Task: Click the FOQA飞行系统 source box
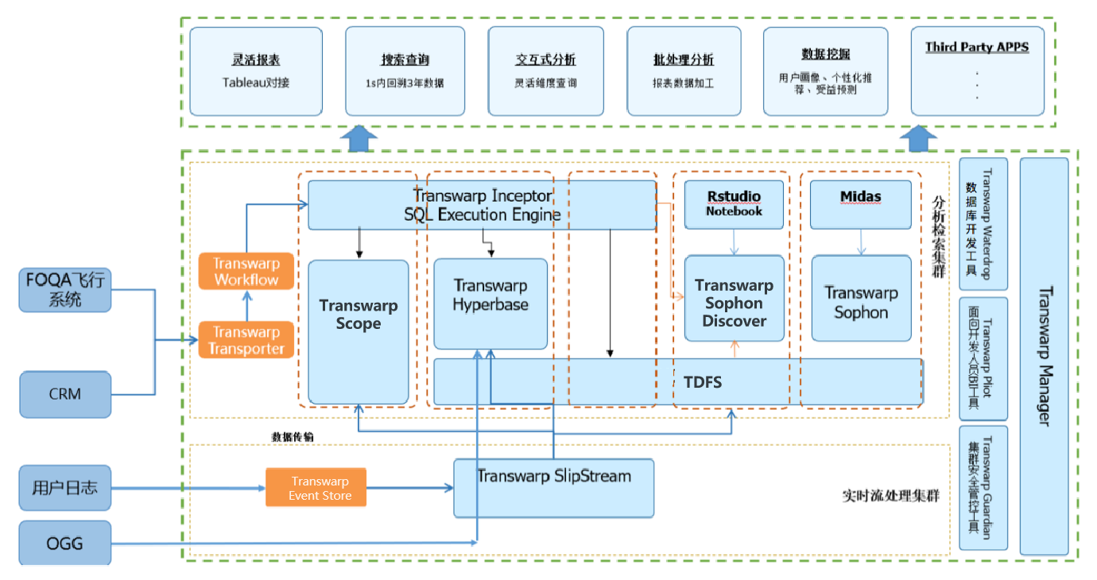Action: (65, 290)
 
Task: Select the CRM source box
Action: (65, 394)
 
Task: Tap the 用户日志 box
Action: (65, 487)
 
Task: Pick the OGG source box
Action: (65, 543)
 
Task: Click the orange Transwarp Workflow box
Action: (246, 271)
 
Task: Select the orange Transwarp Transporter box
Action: (246, 340)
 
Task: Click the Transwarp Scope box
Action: (359, 315)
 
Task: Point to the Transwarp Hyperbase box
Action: (490, 295)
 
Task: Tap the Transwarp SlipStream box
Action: (553, 477)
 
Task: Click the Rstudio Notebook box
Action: (734, 203)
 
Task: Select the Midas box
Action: (860, 196)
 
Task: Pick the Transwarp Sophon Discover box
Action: (734, 303)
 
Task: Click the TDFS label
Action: (703, 382)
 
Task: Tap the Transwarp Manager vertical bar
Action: (1044, 356)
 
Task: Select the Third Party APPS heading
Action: (977, 47)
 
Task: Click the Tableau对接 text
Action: (256, 82)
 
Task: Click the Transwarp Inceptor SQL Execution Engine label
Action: (483, 205)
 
